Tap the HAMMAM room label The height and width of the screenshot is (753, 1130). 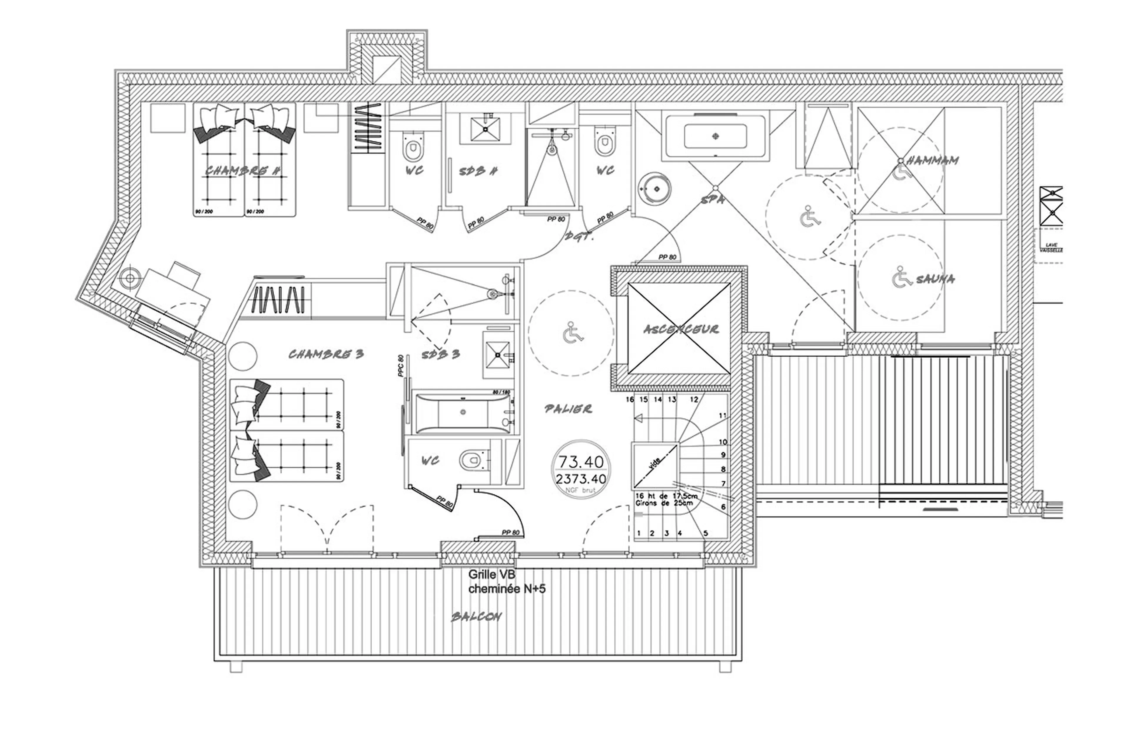click(933, 160)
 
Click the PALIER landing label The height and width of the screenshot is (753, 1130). click(568, 409)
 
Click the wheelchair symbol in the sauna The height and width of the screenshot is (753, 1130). click(901, 278)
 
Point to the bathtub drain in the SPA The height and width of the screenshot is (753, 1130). click(715, 136)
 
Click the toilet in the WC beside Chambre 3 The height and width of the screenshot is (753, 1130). click(473, 460)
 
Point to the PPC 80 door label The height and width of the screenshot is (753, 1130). click(401, 366)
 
